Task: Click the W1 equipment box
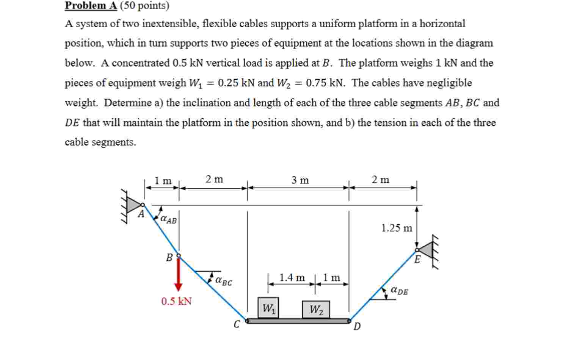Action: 268,308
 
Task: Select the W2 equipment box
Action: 316,309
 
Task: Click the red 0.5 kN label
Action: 176,302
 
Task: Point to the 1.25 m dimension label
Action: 396,228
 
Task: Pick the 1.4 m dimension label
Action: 292,278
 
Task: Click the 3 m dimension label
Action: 300,180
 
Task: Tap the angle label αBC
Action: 224,281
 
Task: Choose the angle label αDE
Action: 400,291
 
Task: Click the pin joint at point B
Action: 179,256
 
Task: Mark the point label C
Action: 237,324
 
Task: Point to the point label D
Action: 357,326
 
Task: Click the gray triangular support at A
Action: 133,205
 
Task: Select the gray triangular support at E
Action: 426,250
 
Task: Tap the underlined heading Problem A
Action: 91,6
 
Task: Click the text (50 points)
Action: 144,6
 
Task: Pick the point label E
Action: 417,260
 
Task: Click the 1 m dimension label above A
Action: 163,181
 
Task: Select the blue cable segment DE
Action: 383,284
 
